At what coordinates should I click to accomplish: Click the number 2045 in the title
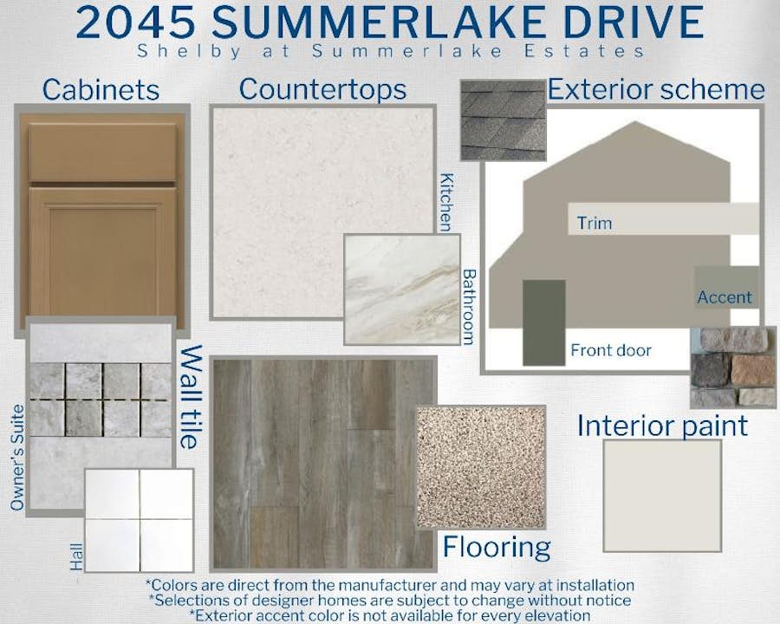coord(135,23)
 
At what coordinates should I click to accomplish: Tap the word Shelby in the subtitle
coord(189,52)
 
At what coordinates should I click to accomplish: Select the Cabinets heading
coord(101,90)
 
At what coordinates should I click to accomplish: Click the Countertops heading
coord(322,89)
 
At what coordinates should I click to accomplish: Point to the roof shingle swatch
coord(503,120)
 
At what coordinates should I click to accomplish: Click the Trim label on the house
coord(595,223)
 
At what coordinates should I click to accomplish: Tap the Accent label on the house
coord(725,297)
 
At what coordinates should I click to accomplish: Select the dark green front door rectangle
coord(543,322)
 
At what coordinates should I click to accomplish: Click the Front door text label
coord(611,350)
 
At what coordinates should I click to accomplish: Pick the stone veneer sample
coord(733,367)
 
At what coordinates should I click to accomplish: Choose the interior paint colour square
coord(662,496)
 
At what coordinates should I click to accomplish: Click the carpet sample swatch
coord(480,467)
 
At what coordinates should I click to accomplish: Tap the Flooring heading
coord(497,548)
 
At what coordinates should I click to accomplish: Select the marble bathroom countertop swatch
coord(402,289)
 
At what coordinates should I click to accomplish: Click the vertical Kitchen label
coord(446,203)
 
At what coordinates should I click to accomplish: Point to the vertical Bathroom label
coord(469,307)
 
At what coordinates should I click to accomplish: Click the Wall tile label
coord(191,397)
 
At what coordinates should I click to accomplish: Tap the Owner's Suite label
coord(17,458)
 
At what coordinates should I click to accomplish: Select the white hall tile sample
coord(139,521)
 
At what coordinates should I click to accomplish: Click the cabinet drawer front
coord(102,153)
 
